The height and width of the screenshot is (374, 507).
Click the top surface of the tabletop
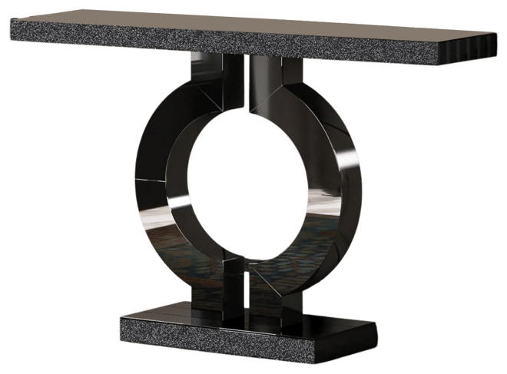[253, 27]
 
